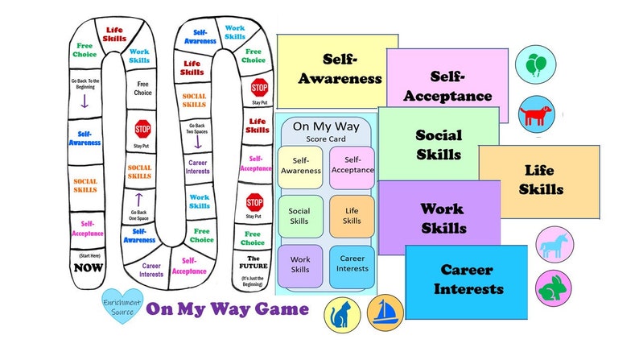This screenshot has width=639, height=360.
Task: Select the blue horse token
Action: (x=554, y=244)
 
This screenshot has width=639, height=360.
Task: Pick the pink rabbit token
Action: (x=554, y=287)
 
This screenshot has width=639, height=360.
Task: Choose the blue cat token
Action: (x=342, y=315)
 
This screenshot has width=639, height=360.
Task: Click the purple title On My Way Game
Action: (x=227, y=308)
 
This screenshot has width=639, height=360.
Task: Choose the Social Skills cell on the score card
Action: (x=300, y=215)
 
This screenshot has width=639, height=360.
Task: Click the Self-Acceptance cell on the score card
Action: (x=352, y=165)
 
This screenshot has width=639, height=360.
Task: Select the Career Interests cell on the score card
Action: (x=352, y=263)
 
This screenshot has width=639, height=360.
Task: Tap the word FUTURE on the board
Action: (x=254, y=266)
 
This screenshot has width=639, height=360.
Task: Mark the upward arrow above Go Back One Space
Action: (x=138, y=200)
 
